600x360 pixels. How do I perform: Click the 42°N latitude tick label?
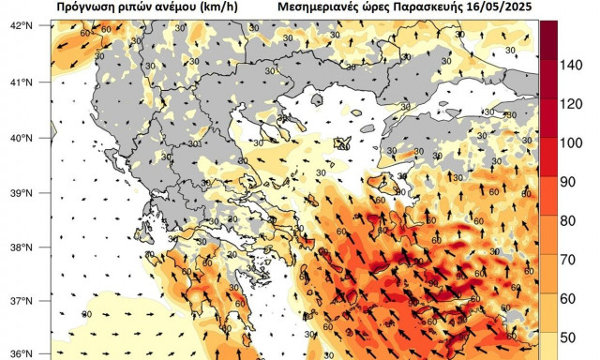21,25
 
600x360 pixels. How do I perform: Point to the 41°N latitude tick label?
21,82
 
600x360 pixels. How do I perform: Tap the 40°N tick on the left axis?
21,138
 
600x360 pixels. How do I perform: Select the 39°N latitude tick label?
21,193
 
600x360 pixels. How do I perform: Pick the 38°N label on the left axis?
21,248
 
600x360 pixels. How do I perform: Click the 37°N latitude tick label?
21,302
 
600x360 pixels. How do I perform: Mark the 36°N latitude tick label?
21,354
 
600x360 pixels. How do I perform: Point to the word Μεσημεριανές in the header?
322,7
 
